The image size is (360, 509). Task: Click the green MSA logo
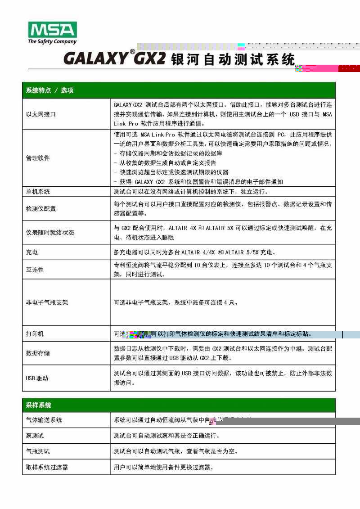[x=52, y=30]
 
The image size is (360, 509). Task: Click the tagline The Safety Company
[x=52, y=42]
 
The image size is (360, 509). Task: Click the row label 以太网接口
[x=40, y=114]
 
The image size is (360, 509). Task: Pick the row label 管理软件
[x=37, y=158]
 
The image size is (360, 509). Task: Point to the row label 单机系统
[x=37, y=192]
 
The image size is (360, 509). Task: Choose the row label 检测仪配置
[x=40, y=209]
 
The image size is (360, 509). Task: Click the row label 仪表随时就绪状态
[x=49, y=233]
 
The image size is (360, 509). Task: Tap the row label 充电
[x=31, y=252]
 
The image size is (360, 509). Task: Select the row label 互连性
[x=34, y=270]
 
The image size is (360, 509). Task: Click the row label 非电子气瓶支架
[x=46, y=302]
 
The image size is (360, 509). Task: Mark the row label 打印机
[x=34, y=334]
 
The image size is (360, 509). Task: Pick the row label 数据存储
[x=37, y=353]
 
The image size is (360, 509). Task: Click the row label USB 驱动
[x=37, y=378]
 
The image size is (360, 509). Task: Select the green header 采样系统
[x=38, y=405]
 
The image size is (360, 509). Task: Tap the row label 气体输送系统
[x=44, y=420]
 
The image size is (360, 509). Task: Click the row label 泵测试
[x=34, y=436]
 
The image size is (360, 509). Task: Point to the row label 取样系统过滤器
[x=46, y=467]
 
